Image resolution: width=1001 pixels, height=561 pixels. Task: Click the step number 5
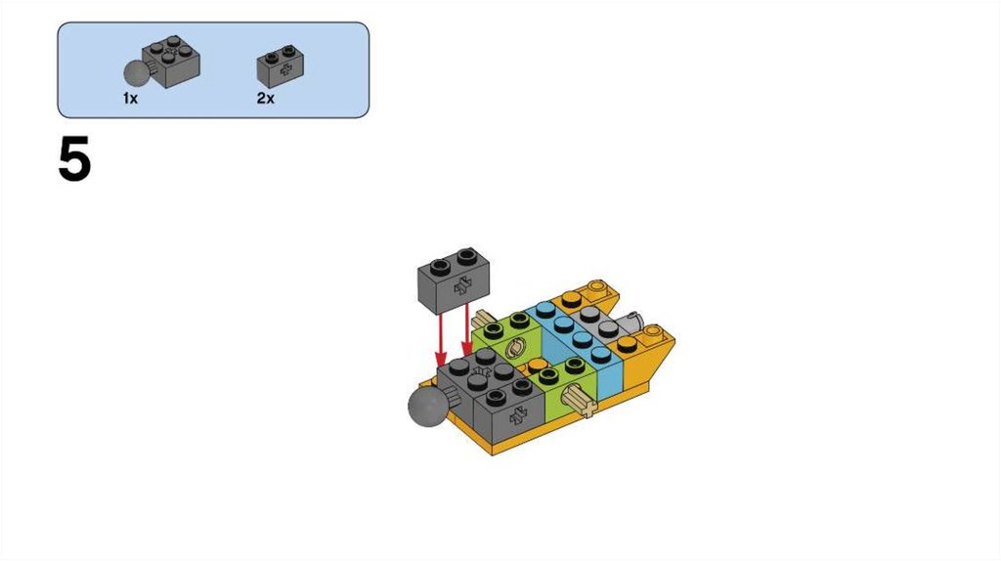click(74, 159)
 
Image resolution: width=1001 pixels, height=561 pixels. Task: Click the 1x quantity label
click(130, 99)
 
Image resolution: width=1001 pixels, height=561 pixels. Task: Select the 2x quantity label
click(266, 99)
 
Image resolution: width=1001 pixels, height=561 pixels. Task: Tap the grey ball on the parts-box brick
click(136, 72)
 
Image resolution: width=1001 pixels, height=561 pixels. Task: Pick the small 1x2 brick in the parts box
click(281, 65)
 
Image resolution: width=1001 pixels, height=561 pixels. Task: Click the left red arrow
click(440, 339)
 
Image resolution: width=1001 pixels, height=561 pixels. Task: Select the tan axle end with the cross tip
click(580, 402)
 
